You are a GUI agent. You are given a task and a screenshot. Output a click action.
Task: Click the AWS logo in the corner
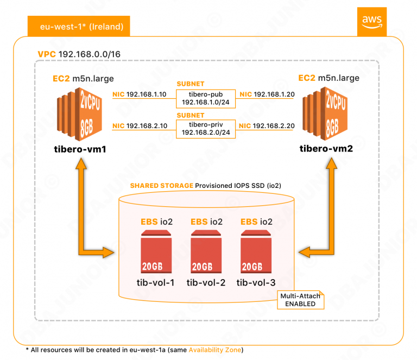[x=371, y=21]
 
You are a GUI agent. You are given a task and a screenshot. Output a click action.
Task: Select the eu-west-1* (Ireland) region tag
[x=78, y=26]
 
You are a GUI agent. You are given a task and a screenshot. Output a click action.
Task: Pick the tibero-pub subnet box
[x=206, y=98]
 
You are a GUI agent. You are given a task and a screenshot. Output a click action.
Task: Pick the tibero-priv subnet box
[x=206, y=129]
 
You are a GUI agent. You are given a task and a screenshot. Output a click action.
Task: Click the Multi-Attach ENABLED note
[x=300, y=300]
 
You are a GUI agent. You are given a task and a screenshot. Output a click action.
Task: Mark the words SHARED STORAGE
[x=161, y=186]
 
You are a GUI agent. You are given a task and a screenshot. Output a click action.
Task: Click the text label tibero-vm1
[x=79, y=148]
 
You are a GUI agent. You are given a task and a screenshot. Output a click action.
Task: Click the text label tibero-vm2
[x=325, y=148]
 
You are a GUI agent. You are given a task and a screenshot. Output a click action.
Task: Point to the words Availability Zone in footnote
[x=216, y=349]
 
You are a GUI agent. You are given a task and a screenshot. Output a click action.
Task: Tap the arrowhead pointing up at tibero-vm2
[x=330, y=166]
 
